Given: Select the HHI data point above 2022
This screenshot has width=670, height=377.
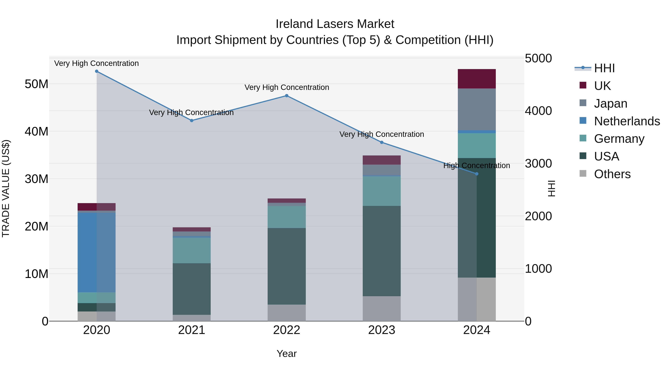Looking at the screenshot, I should tap(287, 96).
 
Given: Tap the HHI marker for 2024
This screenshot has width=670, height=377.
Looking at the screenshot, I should tap(477, 174).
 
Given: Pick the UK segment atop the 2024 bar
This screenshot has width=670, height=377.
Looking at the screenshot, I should tap(477, 79).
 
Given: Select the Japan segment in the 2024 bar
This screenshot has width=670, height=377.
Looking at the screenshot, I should tap(477, 109).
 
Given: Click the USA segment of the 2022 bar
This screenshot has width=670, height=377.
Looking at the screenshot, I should tap(287, 266).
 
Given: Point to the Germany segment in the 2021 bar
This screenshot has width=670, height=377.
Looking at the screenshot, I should tap(192, 250).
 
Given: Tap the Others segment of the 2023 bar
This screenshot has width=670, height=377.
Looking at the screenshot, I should tap(382, 308).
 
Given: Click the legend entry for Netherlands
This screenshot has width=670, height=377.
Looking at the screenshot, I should tap(627, 121).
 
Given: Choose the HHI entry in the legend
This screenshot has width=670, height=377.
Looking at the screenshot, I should tap(604, 68).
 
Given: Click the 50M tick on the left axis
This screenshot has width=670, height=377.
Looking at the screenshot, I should tap(36, 84).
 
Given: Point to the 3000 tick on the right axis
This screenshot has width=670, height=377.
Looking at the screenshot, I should tap(538, 164).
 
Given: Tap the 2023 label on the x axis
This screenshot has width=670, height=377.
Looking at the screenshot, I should tap(382, 330).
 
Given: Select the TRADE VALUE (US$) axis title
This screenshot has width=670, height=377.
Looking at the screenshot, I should tap(6, 188).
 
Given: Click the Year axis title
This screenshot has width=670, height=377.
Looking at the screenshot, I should tap(287, 354).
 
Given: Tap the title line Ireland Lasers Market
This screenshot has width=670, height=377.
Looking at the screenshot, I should tap(335, 24).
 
